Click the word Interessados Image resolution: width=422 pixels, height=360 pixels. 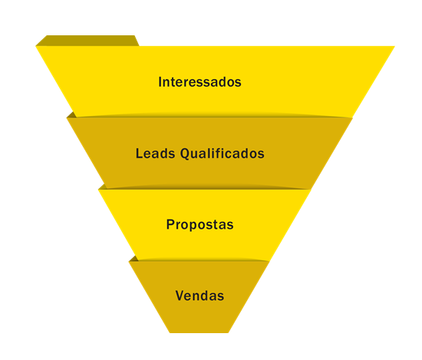[199, 82]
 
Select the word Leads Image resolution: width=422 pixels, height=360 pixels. [155, 154]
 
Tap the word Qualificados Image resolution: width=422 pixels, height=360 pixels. [223, 154]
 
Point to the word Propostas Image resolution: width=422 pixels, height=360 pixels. [199, 225]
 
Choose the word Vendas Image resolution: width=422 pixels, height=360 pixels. [199, 296]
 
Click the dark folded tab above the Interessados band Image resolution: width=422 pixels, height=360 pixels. [87, 41]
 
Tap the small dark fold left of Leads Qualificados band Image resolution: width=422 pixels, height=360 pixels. [72, 115]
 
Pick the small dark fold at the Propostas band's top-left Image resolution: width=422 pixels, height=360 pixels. [102, 187]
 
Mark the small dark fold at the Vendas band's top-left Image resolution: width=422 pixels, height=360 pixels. [134, 259]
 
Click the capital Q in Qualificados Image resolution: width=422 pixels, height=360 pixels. [185, 154]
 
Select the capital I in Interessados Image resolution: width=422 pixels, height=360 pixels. [160, 82]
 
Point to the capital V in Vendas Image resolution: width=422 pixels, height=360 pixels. [180, 296]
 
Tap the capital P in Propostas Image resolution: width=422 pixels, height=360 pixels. [170, 224]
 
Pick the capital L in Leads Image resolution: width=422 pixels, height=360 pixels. [140, 154]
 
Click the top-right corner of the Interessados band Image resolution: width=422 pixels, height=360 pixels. [394, 46]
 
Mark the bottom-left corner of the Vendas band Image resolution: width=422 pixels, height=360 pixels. [170, 333]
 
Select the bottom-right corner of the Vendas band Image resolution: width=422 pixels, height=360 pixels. [229, 333]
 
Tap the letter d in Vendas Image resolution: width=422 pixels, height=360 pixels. [206, 296]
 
